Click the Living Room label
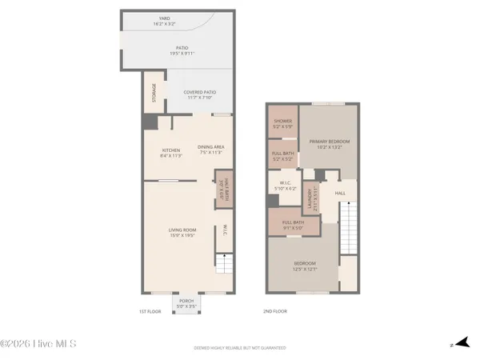pos(182,233)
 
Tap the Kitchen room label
pos(170,153)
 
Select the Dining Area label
pos(211,150)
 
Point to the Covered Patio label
pos(200,94)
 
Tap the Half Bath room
pos(223,189)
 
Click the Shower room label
pos(282,123)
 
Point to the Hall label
pos(340,193)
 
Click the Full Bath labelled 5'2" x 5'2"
pos(282,155)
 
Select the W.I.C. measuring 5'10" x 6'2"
pos(284,187)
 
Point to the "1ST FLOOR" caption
pos(150,310)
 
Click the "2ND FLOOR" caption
pos(274,310)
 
